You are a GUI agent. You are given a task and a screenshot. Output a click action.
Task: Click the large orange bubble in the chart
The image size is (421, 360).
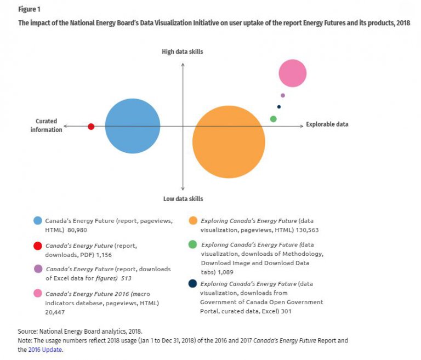point(229,141)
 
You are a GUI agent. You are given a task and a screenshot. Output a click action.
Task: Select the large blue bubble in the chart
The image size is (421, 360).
point(133,126)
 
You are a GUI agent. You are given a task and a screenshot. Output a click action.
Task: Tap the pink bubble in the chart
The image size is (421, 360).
point(292,73)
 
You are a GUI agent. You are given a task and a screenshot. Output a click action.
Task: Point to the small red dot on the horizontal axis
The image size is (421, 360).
point(91,127)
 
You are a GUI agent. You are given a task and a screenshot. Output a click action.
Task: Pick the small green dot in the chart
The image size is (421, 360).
point(274,119)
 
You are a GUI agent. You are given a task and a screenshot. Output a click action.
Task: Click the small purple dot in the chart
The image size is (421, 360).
point(283,95)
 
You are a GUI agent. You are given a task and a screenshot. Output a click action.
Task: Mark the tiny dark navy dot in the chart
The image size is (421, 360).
point(279,107)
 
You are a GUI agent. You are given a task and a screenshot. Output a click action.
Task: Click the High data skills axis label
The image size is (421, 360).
point(183,52)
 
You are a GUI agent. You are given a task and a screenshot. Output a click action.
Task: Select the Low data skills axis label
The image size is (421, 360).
point(183,199)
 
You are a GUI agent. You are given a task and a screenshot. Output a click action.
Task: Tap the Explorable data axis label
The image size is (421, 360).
point(327,124)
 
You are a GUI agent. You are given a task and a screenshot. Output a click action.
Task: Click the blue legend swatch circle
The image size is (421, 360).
point(38,221)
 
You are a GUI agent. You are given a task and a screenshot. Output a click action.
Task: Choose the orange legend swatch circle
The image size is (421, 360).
point(192,221)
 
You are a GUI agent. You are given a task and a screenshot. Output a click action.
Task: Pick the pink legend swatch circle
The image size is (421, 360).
point(38,293)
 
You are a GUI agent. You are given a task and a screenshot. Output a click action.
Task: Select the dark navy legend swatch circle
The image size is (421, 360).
point(192,284)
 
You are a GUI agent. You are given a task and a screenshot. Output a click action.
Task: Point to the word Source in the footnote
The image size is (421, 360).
point(28,332)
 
